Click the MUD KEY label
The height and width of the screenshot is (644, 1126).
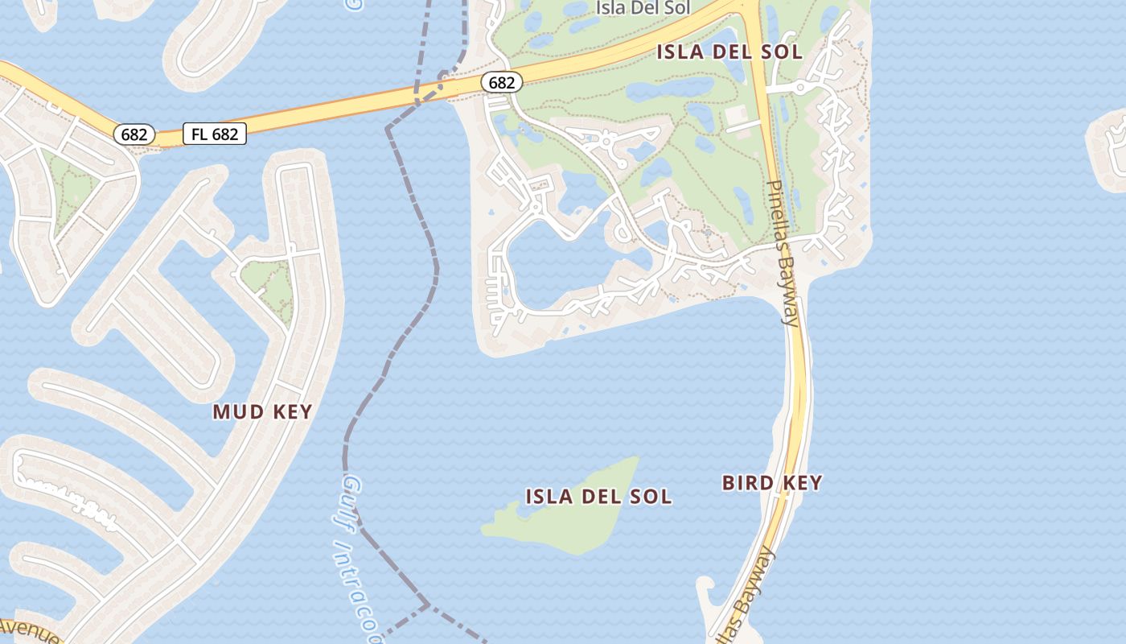coord(262,412)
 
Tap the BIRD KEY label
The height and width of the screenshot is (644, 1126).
coord(771,483)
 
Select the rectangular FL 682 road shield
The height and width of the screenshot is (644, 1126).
coord(215,134)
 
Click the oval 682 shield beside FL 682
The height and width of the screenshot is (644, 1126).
coord(134,134)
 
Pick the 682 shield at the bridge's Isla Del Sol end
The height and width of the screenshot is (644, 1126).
coord(502,82)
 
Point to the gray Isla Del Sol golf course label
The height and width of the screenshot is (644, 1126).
coord(643,9)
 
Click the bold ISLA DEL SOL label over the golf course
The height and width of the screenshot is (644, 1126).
coord(729,52)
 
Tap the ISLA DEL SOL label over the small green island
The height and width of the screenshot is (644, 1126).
coord(598,497)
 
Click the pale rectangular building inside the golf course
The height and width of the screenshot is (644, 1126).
coord(742,118)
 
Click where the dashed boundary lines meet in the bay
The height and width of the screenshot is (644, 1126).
coord(428,604)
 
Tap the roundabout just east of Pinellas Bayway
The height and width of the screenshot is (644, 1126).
coord(800,87)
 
